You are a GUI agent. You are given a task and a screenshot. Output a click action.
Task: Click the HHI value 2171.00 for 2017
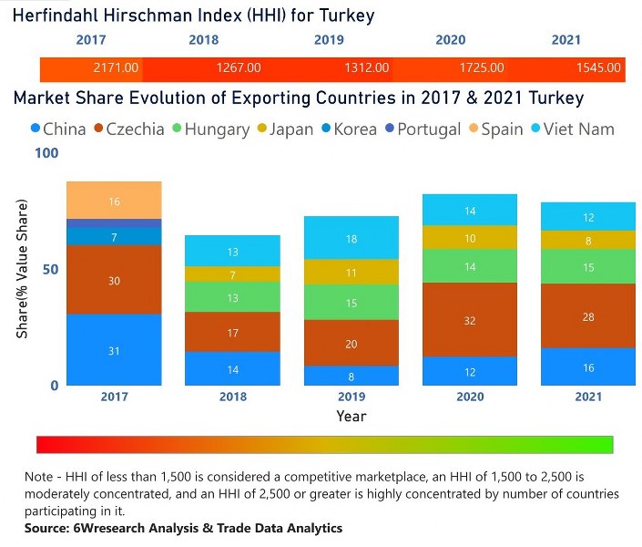(x=116, y=67)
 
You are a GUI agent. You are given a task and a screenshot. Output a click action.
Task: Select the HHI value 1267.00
(x=239, y=67)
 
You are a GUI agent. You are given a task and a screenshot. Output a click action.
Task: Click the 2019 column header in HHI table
(x=329, y=40)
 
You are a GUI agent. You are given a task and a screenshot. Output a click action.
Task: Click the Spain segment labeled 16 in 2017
(x=114, y=201)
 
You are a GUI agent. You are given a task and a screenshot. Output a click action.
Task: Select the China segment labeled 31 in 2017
(x=114, y=350)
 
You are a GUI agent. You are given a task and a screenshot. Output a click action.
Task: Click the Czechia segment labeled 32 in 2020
(x=471, y=319)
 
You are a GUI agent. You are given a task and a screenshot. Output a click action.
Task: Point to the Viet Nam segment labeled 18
(x=352, y=238)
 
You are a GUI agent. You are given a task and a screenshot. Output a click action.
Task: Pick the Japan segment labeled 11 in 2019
(x=352, y=272)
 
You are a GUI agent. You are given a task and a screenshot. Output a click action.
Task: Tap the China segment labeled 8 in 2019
(x=352, y=375)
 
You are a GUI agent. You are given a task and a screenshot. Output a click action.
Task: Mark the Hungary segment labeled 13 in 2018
(x=233, y=297)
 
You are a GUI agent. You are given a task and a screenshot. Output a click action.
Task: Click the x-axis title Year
(x=351, y=416)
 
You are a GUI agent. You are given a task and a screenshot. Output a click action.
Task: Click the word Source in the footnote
(x=49, y=528)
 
